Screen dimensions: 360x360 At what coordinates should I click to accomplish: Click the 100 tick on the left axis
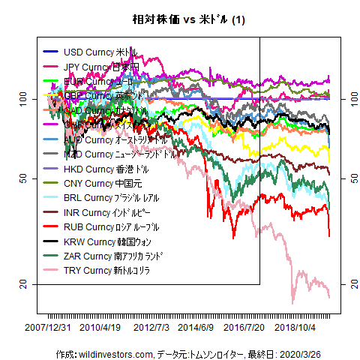tap(23, 98)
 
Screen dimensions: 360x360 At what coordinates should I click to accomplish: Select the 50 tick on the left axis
tap(23, 178)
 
